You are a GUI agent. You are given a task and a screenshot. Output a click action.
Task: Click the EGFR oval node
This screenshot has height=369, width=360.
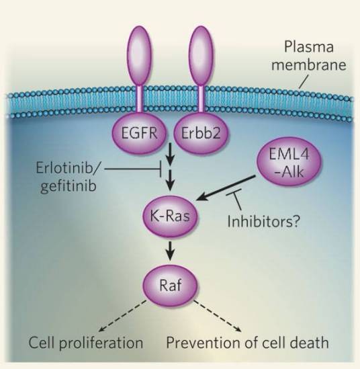coord(139,132)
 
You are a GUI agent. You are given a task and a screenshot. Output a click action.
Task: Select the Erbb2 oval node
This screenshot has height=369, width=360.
coord(201,133)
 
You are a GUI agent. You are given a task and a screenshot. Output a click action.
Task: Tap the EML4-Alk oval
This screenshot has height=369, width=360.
coord(289,163)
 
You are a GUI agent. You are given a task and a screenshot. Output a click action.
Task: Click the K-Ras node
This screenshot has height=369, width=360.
coord(170,216)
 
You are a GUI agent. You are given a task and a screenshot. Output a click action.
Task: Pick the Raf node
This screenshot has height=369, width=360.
coord(170,286)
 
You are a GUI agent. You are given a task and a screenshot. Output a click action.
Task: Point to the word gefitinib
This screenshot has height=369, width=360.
coord(69,186)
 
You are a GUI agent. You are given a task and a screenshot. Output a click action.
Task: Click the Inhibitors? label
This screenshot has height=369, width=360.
coord(263,222)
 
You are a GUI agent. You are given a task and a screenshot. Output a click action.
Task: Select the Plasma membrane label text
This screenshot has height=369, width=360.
coord(309,56)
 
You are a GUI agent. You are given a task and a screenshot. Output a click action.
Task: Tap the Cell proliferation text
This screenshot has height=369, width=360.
coord(86,343)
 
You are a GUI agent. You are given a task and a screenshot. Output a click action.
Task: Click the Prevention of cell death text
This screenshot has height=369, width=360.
coord(247,343)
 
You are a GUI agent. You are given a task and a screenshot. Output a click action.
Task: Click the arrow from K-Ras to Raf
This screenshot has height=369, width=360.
coord(170,251)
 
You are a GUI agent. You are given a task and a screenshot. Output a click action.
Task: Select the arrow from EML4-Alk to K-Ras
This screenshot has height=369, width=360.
coord(226,188)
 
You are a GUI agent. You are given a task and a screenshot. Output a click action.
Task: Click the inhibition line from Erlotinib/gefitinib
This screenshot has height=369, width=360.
coord(133,169)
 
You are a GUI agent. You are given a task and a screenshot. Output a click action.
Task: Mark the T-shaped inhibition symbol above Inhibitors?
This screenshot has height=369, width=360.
coord(235,198)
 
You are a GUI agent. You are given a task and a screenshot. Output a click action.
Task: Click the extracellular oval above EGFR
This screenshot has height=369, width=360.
coord(140,56)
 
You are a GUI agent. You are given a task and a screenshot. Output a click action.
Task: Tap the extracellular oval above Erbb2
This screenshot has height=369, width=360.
coord(201,56)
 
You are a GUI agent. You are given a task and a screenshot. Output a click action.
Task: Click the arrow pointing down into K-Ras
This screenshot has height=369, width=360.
coord(170,179)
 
